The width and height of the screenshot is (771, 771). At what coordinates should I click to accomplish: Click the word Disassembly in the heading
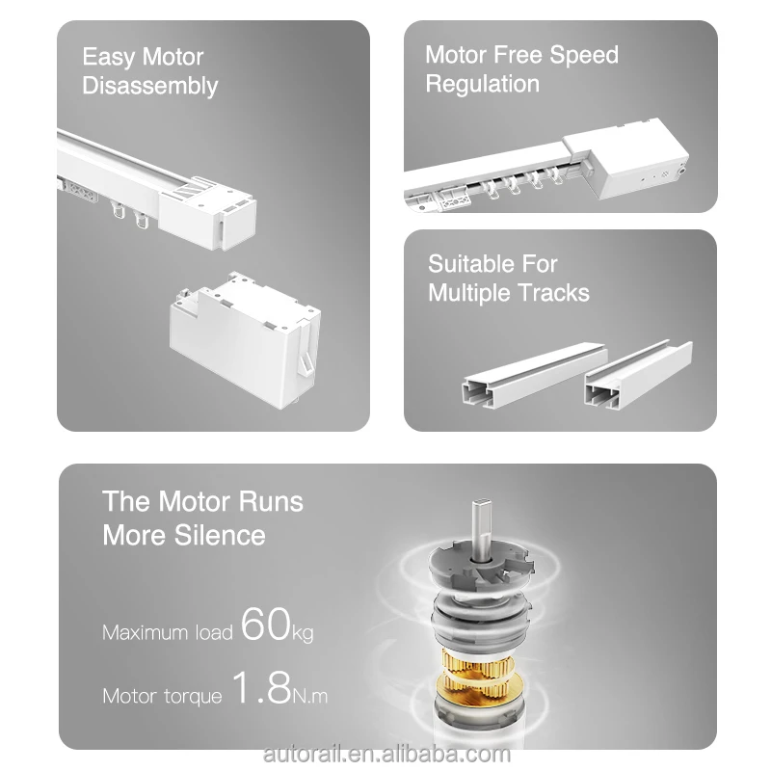point(150,86)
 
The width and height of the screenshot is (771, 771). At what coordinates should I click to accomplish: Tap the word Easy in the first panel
point(109,57)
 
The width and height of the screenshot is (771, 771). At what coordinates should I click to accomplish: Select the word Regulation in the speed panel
point(483,84)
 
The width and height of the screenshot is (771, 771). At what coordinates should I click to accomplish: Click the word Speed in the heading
point(584,55)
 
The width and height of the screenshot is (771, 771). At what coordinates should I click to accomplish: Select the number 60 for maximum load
point(266,624)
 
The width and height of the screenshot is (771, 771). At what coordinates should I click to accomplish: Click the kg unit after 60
point(303,633)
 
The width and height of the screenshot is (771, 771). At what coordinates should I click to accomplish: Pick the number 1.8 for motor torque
point(261,687)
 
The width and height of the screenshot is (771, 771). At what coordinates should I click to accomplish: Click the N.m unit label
point(309,696)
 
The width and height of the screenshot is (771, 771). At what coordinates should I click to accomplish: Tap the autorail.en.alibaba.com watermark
point(387,755)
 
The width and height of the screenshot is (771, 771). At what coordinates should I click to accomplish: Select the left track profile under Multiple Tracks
point(535,375)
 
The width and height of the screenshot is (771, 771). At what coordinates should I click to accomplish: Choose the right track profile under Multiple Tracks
point(638,375)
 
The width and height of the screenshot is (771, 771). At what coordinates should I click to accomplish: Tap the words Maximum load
point(167,632)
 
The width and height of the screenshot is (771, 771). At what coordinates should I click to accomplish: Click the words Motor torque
point(162,696)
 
